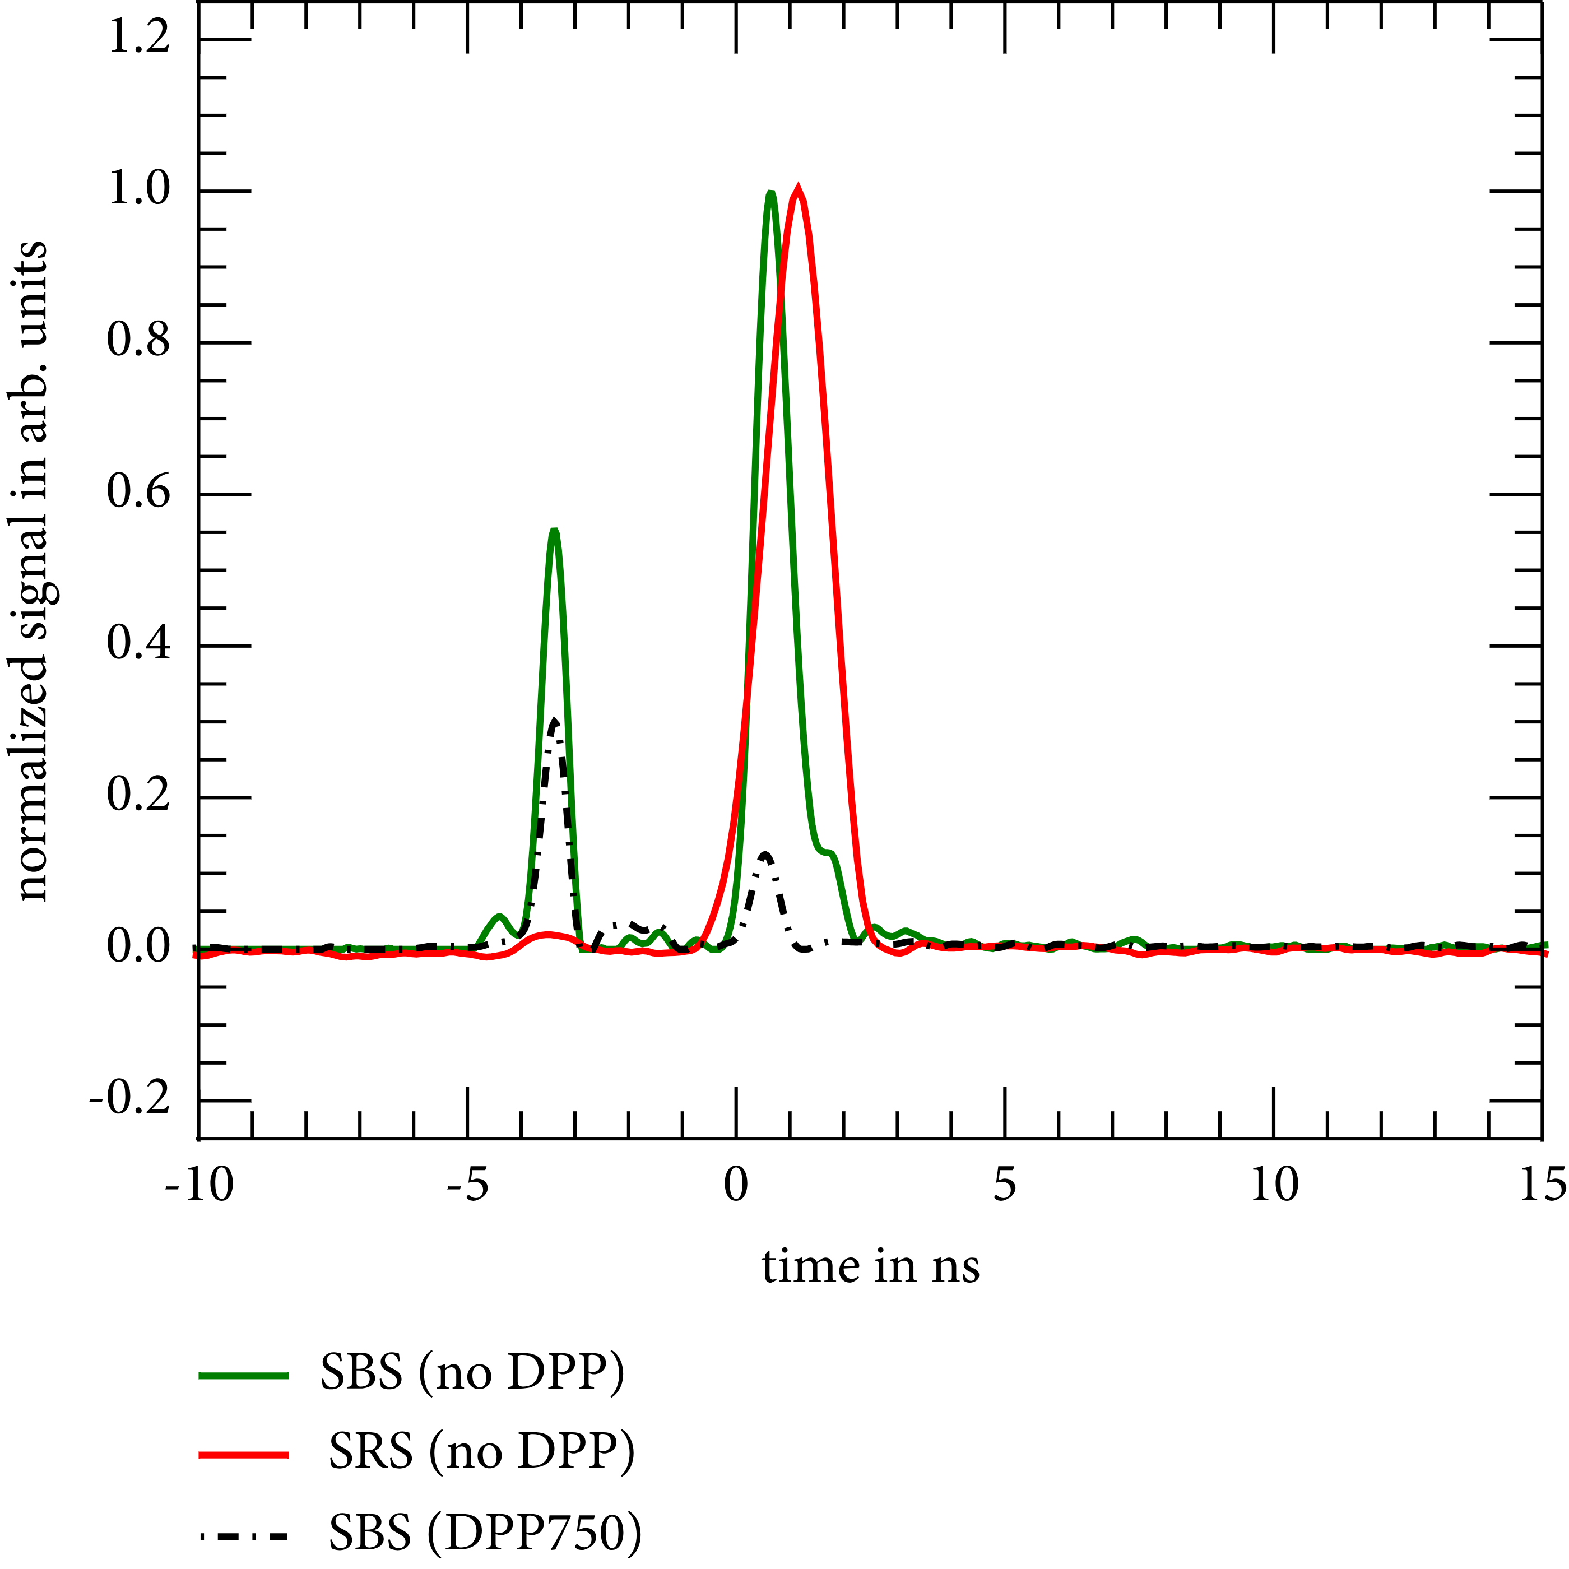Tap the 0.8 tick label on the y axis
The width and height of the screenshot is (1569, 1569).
click(139, 341)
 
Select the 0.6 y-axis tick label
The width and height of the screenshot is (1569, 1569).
click(139, 493)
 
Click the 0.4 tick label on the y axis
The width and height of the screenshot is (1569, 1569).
click(139, 645)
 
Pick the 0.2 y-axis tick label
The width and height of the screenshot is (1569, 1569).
click(139, 796)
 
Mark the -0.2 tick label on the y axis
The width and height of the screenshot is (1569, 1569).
click(130, 1099)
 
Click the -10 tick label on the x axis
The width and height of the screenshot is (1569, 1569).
click(199, 1186)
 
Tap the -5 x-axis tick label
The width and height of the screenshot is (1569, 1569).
click(468, 1186)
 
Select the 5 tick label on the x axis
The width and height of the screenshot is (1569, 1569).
click(1005, 1186)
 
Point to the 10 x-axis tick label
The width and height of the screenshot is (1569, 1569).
click(1273, 1186)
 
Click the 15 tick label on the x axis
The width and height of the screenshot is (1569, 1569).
click(1542, 1186)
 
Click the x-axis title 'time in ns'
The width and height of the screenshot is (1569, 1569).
click(871, 1267)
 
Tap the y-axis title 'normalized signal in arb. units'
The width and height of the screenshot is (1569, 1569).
click(33, 571)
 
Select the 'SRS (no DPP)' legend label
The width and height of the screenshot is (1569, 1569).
click(481, 1454)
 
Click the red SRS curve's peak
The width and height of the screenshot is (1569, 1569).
click(799, 190)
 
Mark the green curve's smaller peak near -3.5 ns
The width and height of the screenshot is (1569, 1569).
click(554, 531)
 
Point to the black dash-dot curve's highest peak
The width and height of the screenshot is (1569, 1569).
click(554, 721)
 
